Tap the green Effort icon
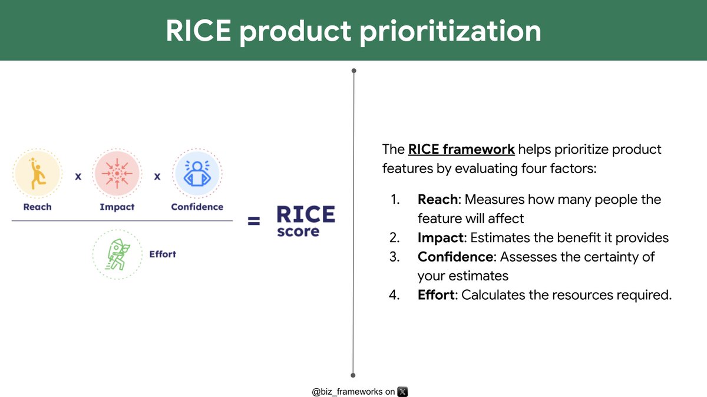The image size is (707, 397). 117,254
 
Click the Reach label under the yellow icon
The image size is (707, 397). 37,207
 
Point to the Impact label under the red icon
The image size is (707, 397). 117,207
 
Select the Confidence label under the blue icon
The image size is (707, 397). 197,207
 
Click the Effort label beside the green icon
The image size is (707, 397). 163,254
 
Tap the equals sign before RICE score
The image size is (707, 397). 253,221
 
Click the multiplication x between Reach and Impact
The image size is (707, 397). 78,176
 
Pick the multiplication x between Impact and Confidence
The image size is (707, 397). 157,176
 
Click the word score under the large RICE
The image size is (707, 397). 298,231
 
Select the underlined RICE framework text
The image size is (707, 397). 461,150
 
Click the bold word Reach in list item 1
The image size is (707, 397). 437,200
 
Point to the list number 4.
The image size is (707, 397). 394,295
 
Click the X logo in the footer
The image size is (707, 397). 402,391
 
